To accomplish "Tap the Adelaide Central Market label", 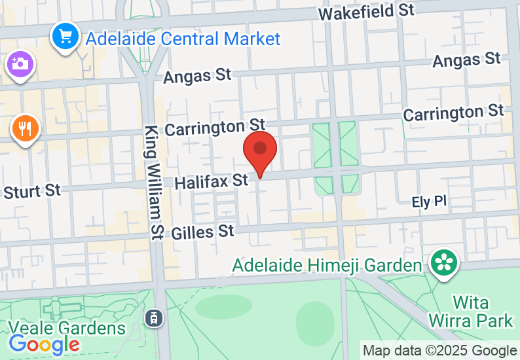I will click(x=183, y=38).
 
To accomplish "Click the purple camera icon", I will click(x=20, y=64).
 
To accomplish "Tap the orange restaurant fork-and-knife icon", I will click(x=26, y=128).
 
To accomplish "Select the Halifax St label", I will click(x=212, y=181).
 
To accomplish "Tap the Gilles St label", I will click(x=202, y=232).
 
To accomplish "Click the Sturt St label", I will click(x=32, y=192).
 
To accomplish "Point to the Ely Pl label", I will click(x=429, y=202).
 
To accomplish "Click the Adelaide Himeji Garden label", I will click(x=327, y=266).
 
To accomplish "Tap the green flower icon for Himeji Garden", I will click(x=444, y=263).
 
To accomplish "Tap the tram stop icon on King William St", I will click(x=153, y=318).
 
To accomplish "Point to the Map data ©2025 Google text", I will click(x=439, y=351).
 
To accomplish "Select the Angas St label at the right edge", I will click(x=466, y=60).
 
